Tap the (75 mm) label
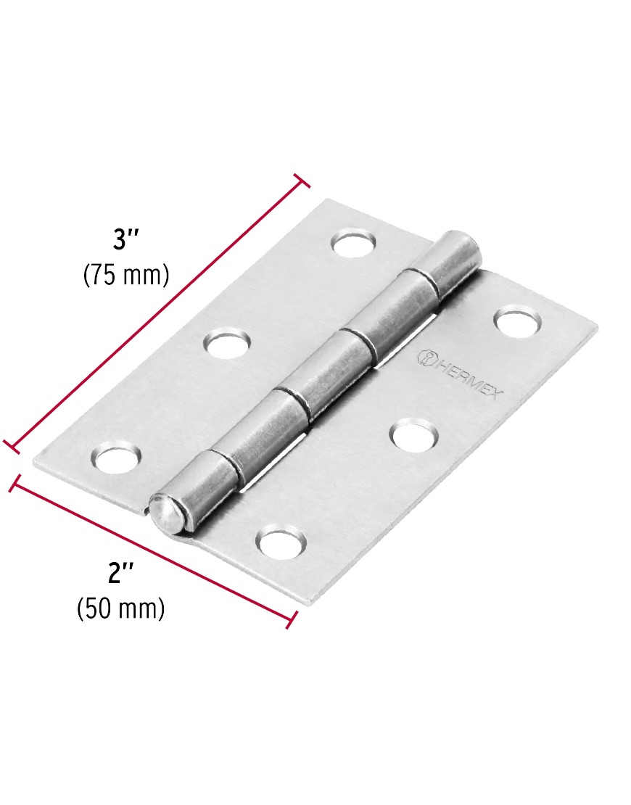(126, 275)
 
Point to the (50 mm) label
(121, 608)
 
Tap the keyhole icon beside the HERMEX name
(426, 357)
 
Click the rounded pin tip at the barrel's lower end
(165, 514)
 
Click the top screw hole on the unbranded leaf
(354, 244)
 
